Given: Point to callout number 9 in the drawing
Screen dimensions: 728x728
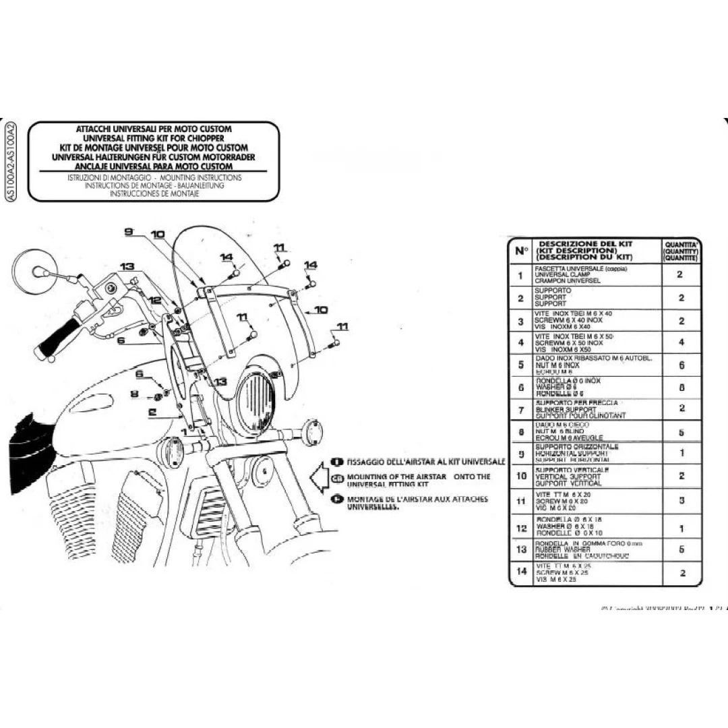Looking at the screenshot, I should point(129,231).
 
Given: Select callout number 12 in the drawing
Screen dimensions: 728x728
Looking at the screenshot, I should point(155,300).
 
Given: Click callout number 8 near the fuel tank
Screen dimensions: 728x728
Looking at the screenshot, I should point(133,394).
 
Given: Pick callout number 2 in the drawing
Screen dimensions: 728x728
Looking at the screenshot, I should point(152,411).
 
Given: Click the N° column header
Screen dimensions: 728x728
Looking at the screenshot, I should point(521,251).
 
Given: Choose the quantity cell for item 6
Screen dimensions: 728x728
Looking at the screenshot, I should point(681,388).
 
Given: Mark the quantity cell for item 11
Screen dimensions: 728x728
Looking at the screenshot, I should point(681,501).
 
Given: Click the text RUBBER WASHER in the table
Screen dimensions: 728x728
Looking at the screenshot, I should point(558,550).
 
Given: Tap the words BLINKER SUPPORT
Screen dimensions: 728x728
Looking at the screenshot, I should point(566,409).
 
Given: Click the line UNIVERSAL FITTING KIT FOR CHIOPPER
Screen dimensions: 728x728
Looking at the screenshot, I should point(154,138).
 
